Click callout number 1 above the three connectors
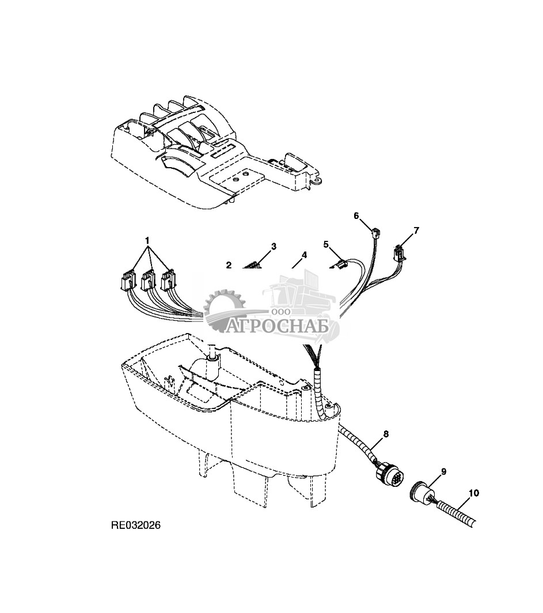147,239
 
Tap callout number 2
229,265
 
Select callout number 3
274,247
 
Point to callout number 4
304,255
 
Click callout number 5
326,244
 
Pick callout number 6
356,215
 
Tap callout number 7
416,230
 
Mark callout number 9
443,471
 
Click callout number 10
473,493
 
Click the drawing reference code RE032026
136,525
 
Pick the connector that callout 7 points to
397,252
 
